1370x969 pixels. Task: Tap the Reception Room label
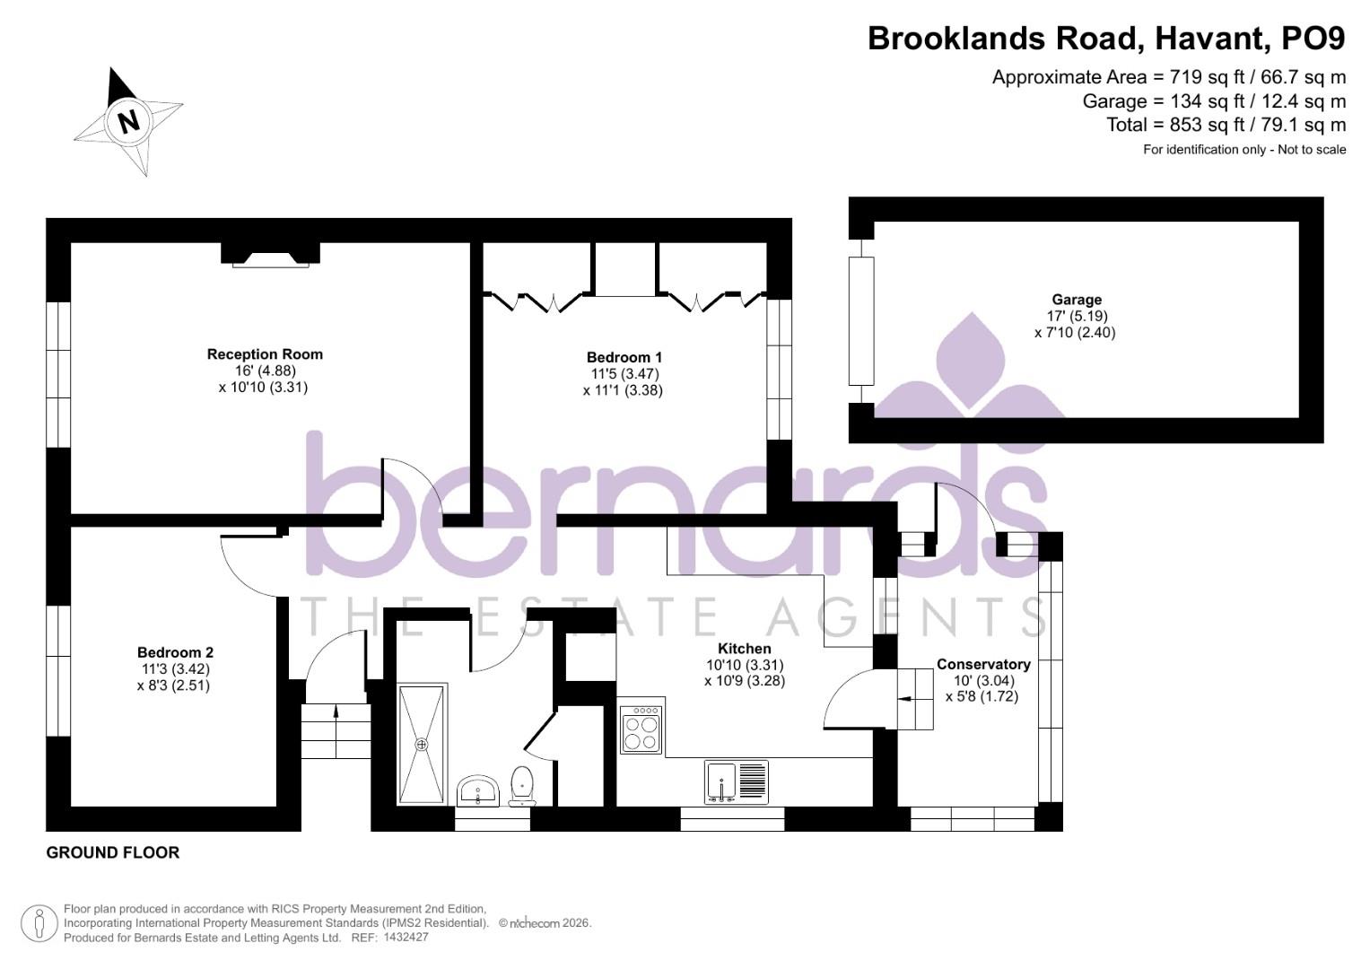[x=265, y=354]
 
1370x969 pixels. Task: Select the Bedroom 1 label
[x=624, y=357]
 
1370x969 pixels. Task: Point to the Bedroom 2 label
[x=175, y=652]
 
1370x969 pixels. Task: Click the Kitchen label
[x=744, y=649]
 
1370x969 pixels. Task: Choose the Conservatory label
[x=983, y=665]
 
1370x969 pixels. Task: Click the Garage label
[x=1077, y=300]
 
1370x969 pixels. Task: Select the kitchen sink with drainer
[x=737, y=781]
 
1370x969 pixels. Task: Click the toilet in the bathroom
[x=521, y=786]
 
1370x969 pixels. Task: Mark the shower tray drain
[x=422, y=744]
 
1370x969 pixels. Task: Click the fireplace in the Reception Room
[x=270, y=256]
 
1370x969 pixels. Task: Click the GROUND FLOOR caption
[x=113, y=853]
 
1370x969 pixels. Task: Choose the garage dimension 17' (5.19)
[x=1076, y=316]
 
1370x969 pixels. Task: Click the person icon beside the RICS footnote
[x=39, y=923]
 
